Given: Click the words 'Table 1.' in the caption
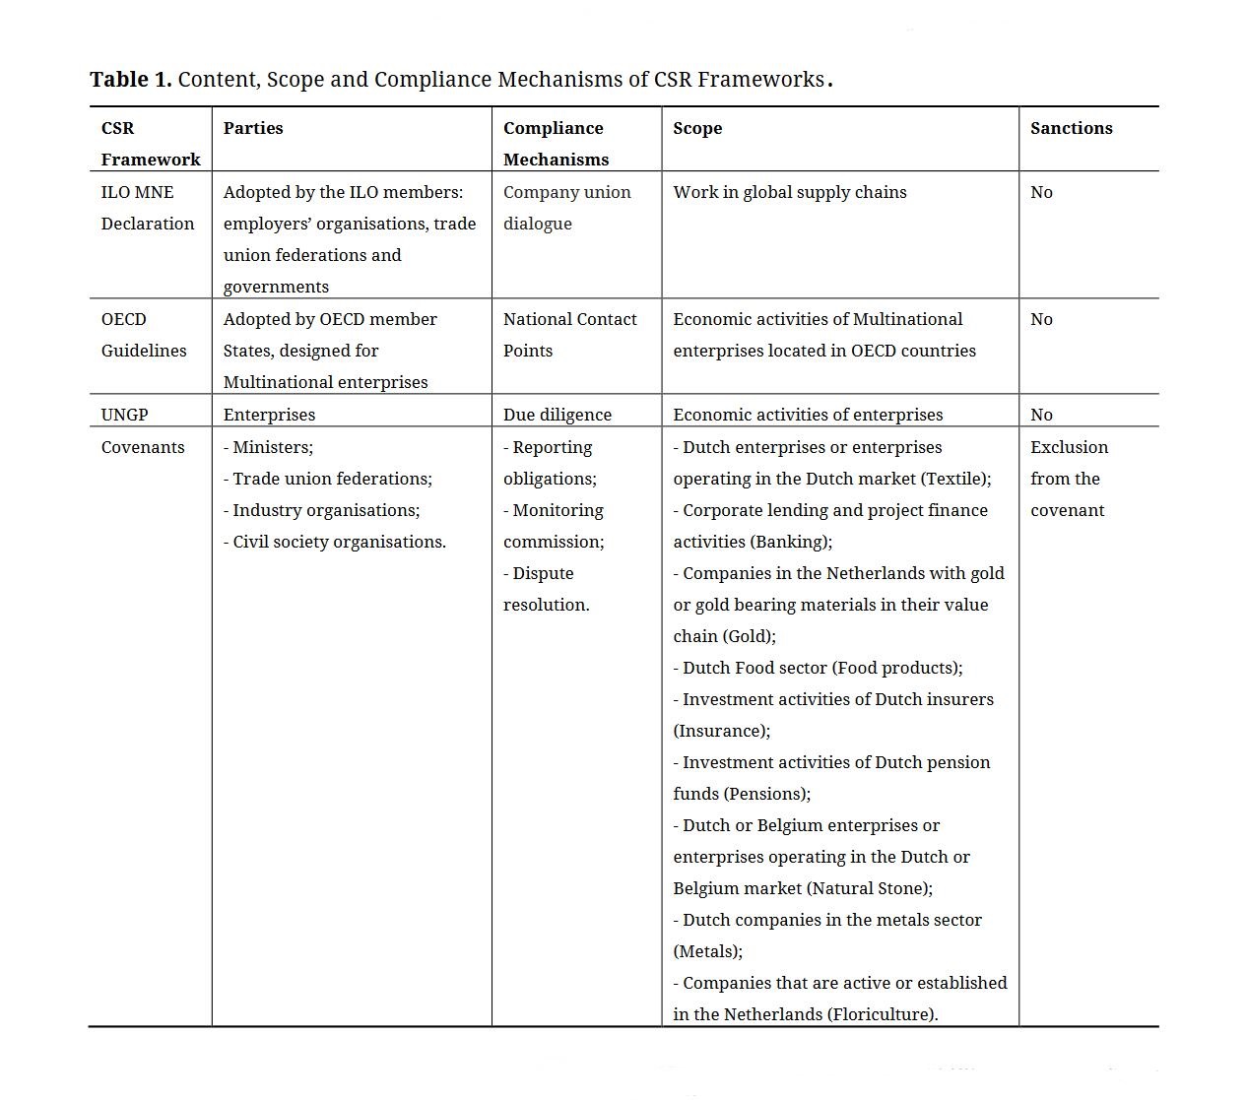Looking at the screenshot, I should [130, 80].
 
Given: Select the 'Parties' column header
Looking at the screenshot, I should [253, 128].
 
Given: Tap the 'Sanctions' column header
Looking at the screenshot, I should [1071, 128].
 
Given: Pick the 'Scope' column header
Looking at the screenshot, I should [697, 128].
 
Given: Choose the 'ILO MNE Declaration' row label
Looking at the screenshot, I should [147, 208].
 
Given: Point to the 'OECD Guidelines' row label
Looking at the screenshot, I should [143, 335].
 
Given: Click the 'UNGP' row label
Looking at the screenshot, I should [124, 415].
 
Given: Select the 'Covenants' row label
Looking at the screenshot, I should [143, 447].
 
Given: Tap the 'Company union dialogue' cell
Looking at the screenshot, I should [566, 208].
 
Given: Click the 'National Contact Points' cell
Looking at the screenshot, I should [569, 335].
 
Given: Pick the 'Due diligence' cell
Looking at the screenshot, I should [557, 415].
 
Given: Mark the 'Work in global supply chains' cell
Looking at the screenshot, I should [789, 192].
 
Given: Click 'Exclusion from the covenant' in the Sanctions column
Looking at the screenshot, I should [1069, 479].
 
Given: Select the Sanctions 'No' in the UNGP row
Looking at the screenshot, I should [1041, 415].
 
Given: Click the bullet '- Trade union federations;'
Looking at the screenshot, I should [327, 479].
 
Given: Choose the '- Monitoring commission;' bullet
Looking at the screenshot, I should [554, 526].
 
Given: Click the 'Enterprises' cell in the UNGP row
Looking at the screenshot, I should [269, 415].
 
